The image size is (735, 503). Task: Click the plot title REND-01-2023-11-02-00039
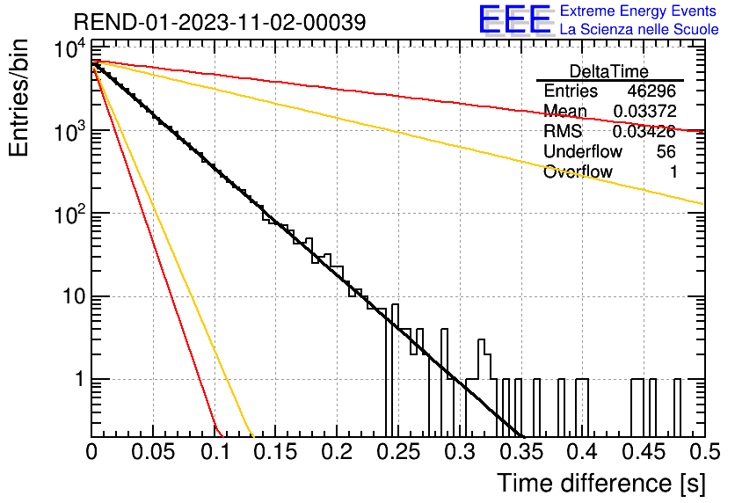point(220,22)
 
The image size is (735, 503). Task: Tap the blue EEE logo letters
point(514,19)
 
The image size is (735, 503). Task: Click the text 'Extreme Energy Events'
point(638,11)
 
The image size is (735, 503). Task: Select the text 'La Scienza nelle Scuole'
point(639,29)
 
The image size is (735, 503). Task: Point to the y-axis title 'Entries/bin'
point(18,98)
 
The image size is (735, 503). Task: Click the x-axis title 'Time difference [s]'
point(601,483)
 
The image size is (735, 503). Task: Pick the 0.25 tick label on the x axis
point(399,452)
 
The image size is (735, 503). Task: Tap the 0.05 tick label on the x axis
point(153,452)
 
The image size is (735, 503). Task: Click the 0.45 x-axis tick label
point(644,452)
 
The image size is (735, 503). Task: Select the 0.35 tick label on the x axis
point(521,452)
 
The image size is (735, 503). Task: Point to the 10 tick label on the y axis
point(74,296)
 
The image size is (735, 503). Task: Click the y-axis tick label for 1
point(80,379)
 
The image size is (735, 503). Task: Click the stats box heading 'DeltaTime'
point(609,71)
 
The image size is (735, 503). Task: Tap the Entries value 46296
point(651,91)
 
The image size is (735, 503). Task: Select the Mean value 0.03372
point(644,111)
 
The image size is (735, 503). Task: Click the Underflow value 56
point(666,151)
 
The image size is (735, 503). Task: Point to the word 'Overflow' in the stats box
point(578,171)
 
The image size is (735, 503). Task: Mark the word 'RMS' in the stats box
point(563,131)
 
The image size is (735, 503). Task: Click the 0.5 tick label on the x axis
point(704,452)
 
